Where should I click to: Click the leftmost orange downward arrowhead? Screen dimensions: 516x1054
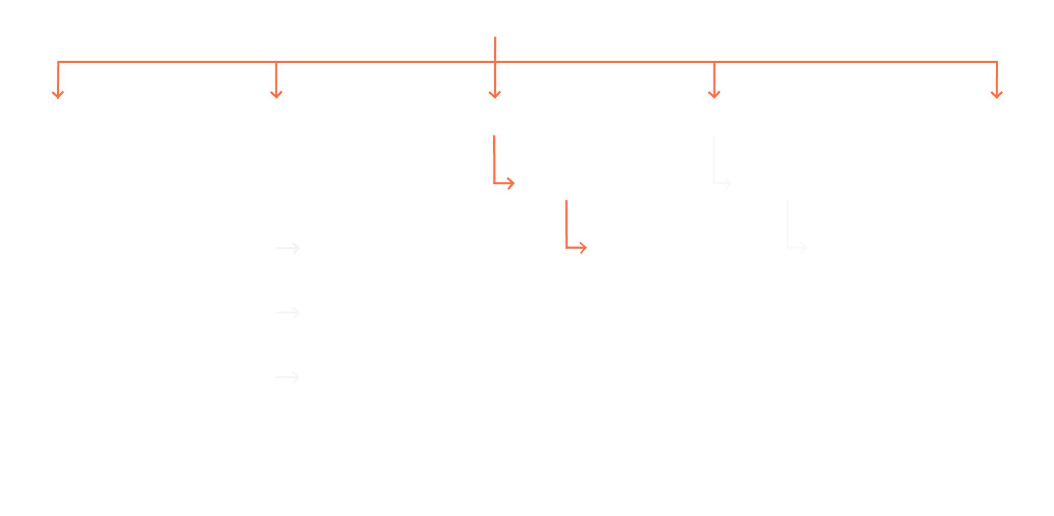(58, 94)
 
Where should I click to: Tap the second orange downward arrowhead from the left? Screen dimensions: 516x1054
(276, 94)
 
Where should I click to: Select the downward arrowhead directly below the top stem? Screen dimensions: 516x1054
(495, 94)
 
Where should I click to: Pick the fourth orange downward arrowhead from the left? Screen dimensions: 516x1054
(714, 94)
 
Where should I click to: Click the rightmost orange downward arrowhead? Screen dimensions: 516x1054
(996, 94)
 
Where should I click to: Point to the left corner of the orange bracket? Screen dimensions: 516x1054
(58, 62)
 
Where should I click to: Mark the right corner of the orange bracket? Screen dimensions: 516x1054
(996, 62)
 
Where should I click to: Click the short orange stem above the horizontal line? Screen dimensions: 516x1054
(495, 48)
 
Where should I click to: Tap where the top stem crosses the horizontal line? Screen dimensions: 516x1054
(495, 62)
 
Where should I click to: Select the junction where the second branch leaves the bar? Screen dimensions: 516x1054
(276, 62)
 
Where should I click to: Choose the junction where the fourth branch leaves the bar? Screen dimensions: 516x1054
(714, 62)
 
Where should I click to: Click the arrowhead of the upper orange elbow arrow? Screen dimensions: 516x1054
(511, 184)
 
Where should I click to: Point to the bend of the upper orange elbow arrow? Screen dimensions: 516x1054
(495, 184)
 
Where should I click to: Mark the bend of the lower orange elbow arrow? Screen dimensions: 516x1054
(566, 248)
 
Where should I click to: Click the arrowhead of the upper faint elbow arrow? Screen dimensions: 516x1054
(729, 183)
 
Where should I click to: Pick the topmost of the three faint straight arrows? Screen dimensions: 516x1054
(288, 248)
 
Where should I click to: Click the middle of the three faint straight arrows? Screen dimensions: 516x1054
(288, 312)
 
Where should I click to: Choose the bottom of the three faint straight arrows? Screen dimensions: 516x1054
(288, 377)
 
